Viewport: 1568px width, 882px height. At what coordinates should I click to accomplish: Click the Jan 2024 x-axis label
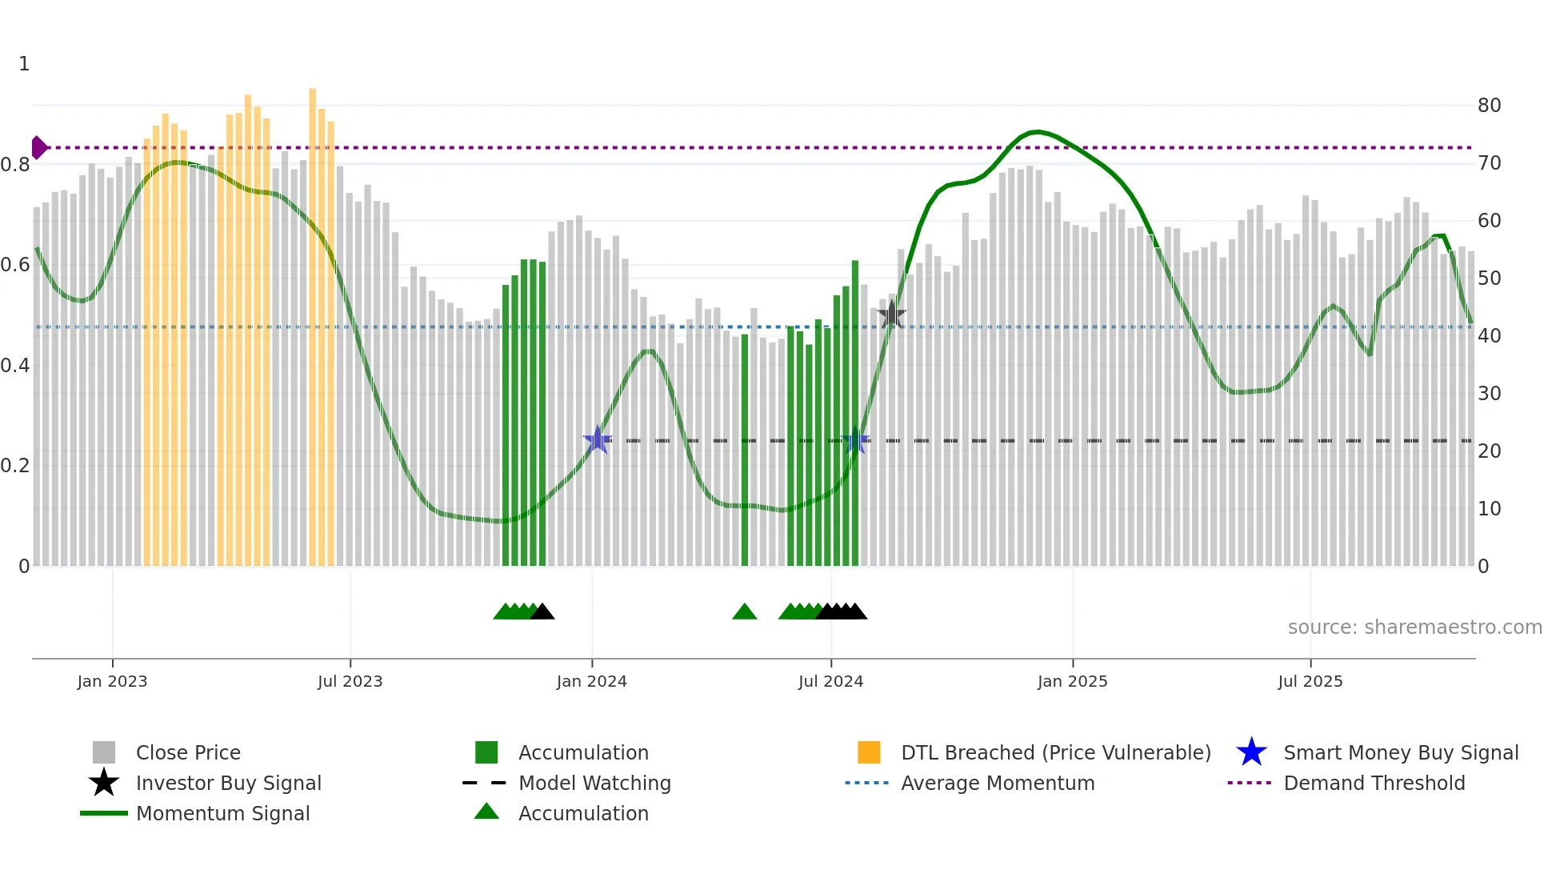click(591, 681)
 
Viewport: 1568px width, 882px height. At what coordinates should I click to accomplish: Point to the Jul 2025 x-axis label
click(1310, 681)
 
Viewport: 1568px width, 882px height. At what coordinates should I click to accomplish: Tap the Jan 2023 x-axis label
click(112, 681)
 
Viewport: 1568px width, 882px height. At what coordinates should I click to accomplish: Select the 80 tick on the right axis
click(1489, 106)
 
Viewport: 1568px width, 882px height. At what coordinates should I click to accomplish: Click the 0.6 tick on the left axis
click(15, 265)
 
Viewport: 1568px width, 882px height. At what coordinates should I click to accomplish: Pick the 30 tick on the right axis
click(1489, 394)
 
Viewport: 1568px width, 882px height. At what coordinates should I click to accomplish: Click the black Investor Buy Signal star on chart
click(891, 315)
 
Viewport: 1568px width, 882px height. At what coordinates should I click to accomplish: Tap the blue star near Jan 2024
click(597, 440)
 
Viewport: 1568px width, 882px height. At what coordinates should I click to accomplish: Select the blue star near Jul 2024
click(855, 440)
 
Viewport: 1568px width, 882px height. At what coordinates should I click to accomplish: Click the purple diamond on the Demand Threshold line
click(38, 147)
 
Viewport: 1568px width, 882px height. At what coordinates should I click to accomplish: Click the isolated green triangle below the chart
click(744, 612)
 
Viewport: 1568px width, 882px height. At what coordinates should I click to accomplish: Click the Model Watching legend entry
click(594, 783)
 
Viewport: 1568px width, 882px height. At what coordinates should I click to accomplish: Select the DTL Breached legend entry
click(1055, 752)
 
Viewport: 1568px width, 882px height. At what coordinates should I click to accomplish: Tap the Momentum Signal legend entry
click(222, 813)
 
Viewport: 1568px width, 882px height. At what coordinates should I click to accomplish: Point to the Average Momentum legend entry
click(997, 783)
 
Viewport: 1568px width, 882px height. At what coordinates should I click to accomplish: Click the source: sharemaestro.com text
click(1414, 627)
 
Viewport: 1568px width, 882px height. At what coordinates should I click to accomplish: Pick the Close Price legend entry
click(187, 752)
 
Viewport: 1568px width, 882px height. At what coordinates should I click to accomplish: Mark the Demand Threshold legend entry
click(1374, 783)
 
